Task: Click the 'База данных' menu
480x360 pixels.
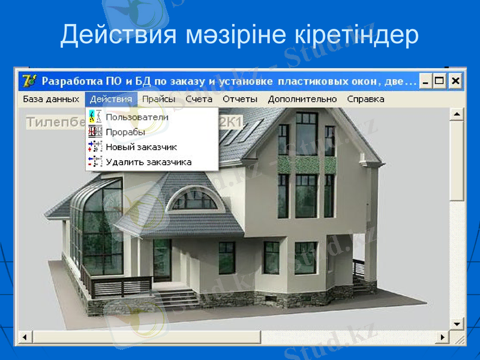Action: [51, 99]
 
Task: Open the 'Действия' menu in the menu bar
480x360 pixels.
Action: [111, 99]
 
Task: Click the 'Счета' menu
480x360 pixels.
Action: [199, 99]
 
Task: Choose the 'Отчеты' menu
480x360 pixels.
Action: [240, 99]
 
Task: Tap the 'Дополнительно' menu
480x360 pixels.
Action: [302, 99]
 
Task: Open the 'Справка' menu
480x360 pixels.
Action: [365, 99]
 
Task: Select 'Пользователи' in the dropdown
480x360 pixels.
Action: [137, 117]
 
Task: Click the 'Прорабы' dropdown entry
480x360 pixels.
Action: [125, 132]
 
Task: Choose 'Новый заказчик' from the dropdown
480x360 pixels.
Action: [141, 147]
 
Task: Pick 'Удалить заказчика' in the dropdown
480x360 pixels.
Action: [148, 162]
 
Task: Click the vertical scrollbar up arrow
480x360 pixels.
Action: [457, 114]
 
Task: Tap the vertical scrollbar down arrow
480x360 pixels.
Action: [457, 324]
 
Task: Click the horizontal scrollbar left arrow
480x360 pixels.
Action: [25, 338]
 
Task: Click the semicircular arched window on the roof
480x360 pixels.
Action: [193, 199]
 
